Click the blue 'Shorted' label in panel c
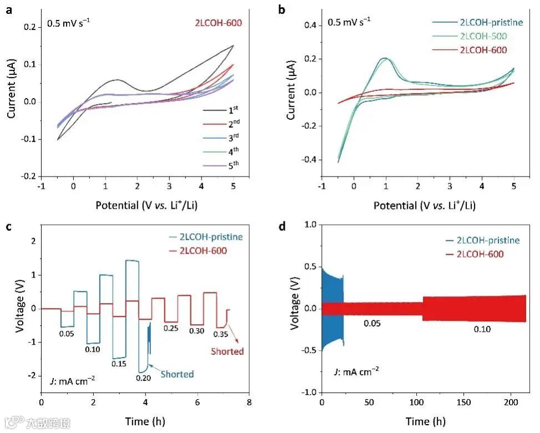tap(177, 374)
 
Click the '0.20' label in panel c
tap(144, 378)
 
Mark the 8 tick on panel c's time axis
tap(249, 401)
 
